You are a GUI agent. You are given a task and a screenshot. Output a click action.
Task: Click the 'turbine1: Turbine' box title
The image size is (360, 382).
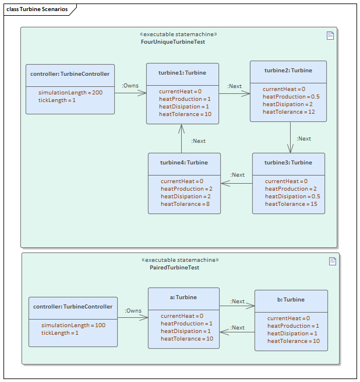coord(182,73)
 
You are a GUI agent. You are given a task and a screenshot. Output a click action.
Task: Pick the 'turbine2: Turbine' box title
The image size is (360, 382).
coord(288,71)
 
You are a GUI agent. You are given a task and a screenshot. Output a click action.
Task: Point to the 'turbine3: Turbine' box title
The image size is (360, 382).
coord(288,163)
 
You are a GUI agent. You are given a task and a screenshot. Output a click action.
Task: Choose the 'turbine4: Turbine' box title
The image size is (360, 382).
coord(183,163)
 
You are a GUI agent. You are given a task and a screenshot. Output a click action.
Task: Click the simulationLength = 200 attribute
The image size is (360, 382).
coord(70,93)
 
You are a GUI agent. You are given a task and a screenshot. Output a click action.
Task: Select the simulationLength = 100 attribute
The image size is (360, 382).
coord(73,325)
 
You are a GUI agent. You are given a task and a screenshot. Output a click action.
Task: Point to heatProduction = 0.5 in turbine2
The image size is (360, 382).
coord(291,97)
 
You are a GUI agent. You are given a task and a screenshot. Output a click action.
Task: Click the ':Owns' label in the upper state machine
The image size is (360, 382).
coord(130,86)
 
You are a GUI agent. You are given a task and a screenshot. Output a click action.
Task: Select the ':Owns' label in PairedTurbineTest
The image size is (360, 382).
coord(133,311)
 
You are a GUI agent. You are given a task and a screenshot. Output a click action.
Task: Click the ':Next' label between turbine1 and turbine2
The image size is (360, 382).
coord(234,86)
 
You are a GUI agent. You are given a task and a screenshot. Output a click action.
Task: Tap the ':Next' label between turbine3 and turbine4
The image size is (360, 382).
coord(237,175)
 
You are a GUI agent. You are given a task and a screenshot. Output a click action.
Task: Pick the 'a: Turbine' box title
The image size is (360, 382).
coord(183,297)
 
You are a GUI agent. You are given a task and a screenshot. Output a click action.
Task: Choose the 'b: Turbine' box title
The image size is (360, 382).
coord(291,300)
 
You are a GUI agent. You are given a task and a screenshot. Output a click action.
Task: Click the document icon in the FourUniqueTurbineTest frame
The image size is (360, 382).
coord(330,36)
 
